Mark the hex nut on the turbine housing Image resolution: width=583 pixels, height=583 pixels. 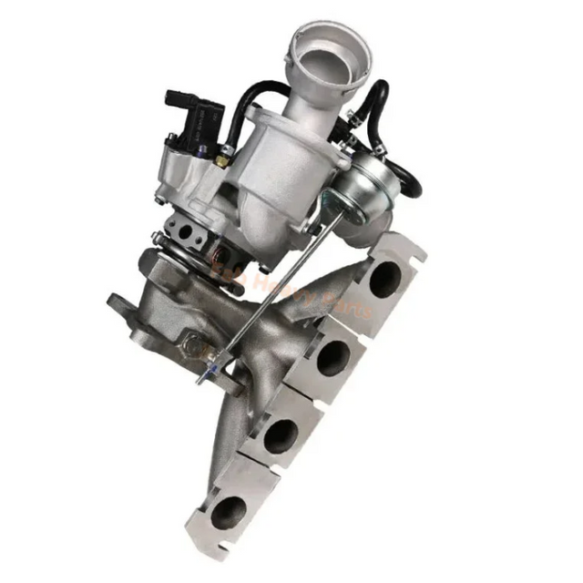pos(193,345)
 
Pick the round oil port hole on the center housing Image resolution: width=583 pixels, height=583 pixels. pos(186,232)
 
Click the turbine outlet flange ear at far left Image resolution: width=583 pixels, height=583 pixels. pos(121,303)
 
